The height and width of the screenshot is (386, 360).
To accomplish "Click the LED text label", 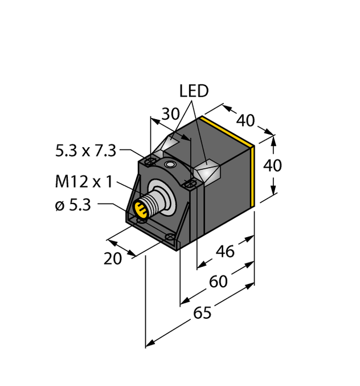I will click(194, 91).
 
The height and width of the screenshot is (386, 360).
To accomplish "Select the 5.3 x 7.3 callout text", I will click(85, 151).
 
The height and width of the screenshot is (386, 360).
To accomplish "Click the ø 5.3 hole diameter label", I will click(73, 206).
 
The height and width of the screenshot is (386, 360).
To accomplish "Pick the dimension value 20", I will click(113, 258).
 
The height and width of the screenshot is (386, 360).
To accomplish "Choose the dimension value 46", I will click(226, 251).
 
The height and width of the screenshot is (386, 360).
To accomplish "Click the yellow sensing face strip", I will click(253, 171).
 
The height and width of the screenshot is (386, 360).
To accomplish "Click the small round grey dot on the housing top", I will click(169, 165).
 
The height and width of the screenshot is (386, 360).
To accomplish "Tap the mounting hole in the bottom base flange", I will click(169, 236).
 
